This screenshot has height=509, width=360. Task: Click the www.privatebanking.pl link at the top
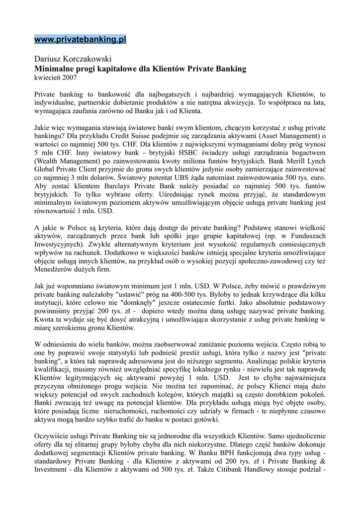click(x=80, y=39)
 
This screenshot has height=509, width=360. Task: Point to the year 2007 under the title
click(x=69, y=78)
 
